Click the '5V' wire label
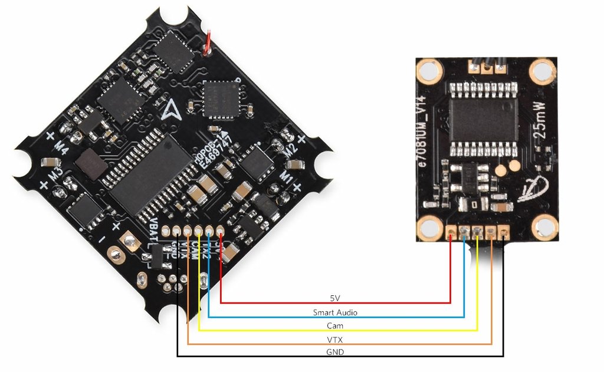click(334, 298)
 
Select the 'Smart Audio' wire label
click(335, 312)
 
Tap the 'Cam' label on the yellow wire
click(335, 325)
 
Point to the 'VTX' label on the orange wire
click(335, 340)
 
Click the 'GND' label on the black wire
click(334, 352)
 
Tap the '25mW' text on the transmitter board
click(543, 135)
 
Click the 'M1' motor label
click(285, 177)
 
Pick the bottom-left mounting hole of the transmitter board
click(430, 226)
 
